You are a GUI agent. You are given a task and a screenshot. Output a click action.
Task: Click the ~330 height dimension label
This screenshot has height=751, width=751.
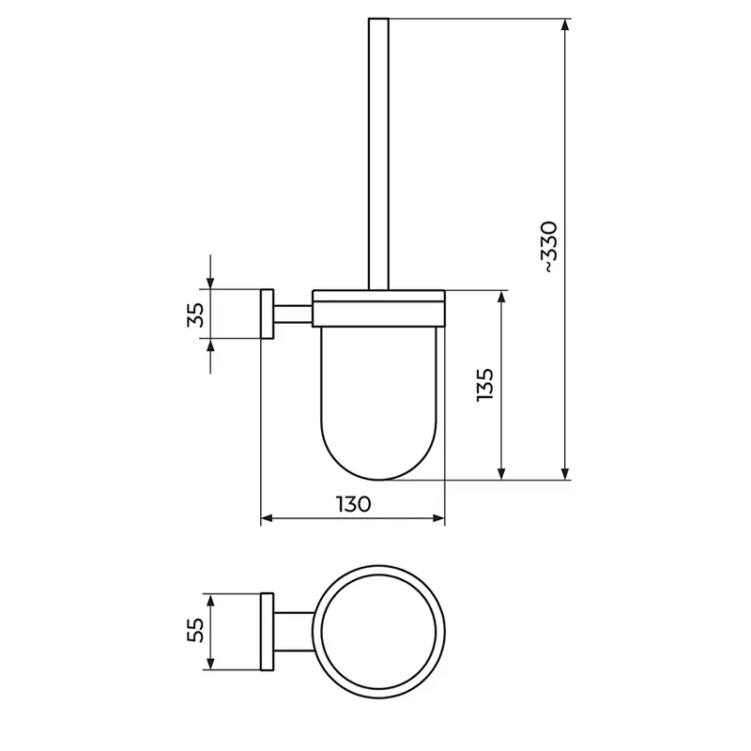click(549, 247)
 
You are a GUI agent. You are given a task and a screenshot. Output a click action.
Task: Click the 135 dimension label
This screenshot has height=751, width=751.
click(483, 385)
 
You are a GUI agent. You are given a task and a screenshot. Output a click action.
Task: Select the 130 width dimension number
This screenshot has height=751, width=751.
click(353, 504)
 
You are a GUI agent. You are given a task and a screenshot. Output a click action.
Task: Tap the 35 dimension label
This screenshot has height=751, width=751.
click(195, 314)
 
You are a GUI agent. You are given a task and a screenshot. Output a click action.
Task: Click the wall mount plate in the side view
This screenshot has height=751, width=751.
click(267, 314)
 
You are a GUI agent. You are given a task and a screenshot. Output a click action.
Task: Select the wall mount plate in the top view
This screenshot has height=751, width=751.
click(267, 632)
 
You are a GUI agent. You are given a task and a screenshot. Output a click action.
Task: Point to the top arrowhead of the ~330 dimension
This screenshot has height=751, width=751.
click(565, 24)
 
